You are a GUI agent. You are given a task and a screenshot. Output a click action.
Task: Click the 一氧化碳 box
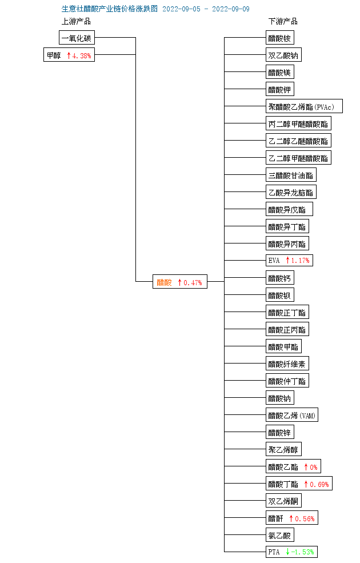77,38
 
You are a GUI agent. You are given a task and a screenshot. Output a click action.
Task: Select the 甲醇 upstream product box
54,55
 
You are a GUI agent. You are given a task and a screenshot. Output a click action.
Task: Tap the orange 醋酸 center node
164,282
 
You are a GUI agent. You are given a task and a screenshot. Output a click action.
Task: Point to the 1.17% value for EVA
300,261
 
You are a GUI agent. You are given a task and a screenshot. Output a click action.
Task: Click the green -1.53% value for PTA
303,552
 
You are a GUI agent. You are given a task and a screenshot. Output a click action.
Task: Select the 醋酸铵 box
280,38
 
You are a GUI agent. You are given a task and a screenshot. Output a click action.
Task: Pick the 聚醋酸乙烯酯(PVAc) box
304,107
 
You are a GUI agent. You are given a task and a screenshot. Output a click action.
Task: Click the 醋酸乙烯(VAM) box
292,416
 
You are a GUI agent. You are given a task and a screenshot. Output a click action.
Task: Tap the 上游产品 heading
77,22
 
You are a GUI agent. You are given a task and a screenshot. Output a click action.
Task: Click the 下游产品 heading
283,22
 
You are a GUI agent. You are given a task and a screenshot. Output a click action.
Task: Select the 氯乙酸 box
280,536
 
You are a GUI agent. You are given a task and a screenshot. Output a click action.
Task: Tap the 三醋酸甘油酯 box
291,175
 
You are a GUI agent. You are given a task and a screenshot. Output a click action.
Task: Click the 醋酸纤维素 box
287,364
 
